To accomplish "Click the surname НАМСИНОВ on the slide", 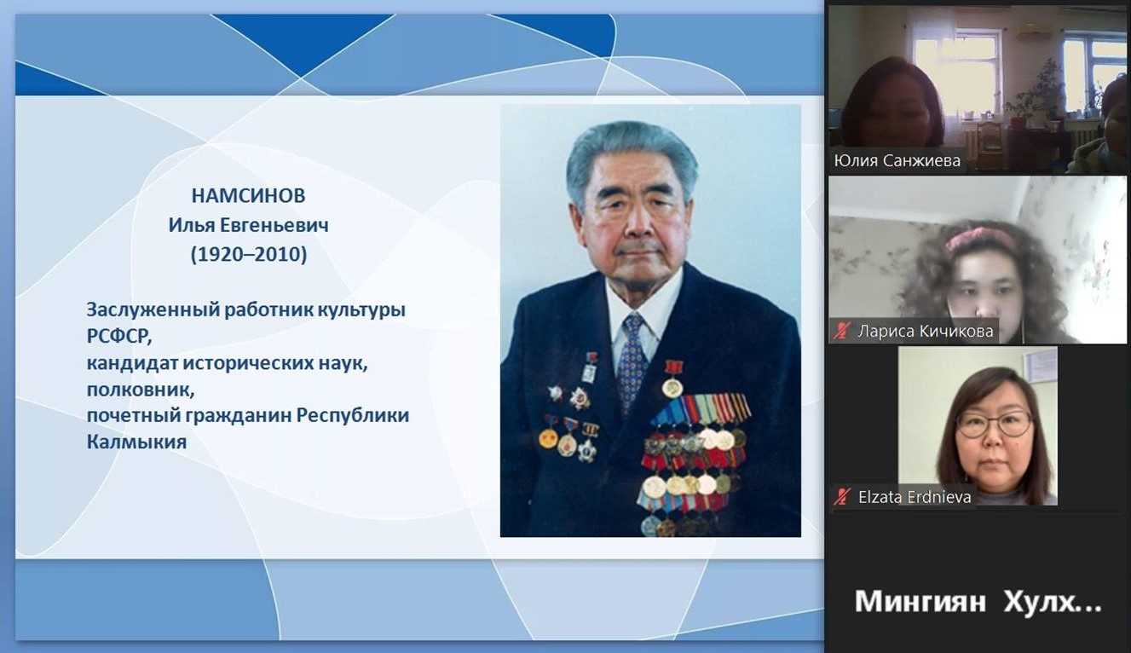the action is (x=248, y=195).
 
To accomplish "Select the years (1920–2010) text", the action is (x=249, y=254).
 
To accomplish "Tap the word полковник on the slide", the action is (x=141, y=390).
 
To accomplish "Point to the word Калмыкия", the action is (x=137, y=442).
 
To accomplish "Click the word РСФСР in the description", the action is (x=119, y=337).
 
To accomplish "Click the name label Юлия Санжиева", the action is (x=897, y=160).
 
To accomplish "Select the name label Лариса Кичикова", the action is (x=926, y=332).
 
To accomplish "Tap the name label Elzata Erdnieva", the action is (x=915, y=497).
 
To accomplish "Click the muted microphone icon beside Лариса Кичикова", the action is (x=842, y=332).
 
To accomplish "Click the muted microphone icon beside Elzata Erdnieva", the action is (x=842, y=497).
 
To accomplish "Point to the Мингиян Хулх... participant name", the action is (x=978, y=602).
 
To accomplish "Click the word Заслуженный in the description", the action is (x=153, y=310).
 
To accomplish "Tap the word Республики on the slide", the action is (x=353, y=416).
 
